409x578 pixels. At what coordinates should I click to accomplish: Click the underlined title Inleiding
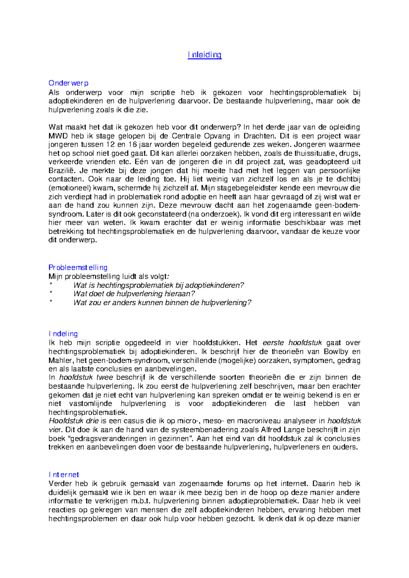pos(204,55)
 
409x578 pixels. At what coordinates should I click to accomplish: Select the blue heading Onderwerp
pos(69,83)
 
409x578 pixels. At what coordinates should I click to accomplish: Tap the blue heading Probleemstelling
pos(78,268)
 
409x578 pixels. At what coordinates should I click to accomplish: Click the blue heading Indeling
pos(63,334)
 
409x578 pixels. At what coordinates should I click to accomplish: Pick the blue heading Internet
pos(64,475)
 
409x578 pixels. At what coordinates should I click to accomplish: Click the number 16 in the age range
pos(133,145)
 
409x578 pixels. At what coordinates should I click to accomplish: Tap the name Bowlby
pos(336,352)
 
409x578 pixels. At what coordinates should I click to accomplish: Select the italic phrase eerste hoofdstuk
pos(292,343)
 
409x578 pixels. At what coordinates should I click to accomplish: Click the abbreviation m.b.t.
pos(141,501)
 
